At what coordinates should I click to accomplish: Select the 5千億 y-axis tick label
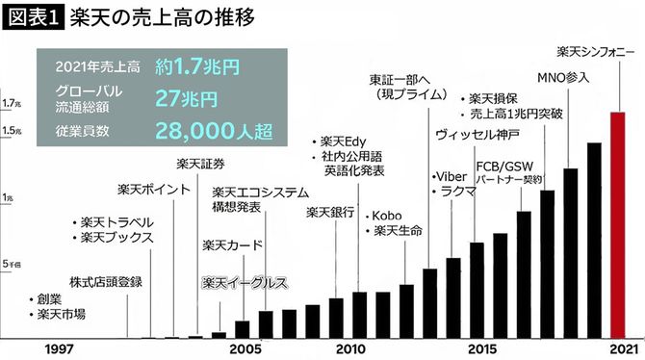[11, 263]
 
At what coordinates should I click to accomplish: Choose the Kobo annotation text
[392, 214]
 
